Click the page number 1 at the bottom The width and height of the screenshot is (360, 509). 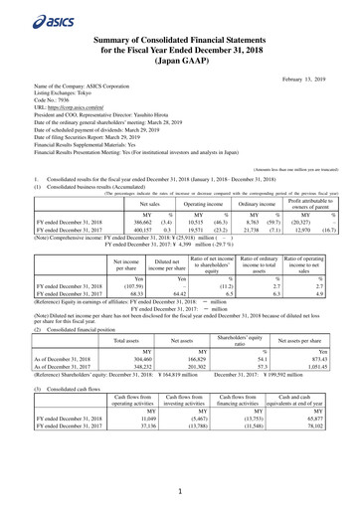[x=180, y=490]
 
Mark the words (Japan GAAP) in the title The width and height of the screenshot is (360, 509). [x=179, y=58]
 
